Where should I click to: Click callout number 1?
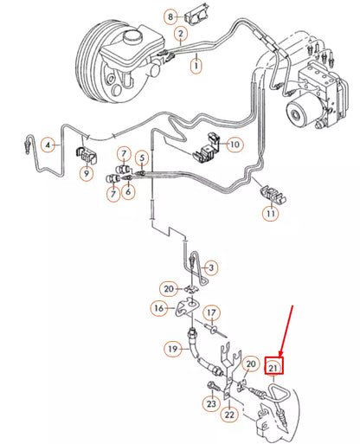click(196, 64)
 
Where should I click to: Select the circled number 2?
click(180, 35)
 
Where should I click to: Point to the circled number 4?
click(48, 144)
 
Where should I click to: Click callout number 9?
click(86, 174)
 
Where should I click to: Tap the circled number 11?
click(271, 212)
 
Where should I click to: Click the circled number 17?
click(212, 312)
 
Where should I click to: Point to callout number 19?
click(172, 350)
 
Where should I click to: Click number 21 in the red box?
click(274, 367)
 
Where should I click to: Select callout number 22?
click(229, 415)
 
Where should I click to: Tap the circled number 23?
click(210, 402)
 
